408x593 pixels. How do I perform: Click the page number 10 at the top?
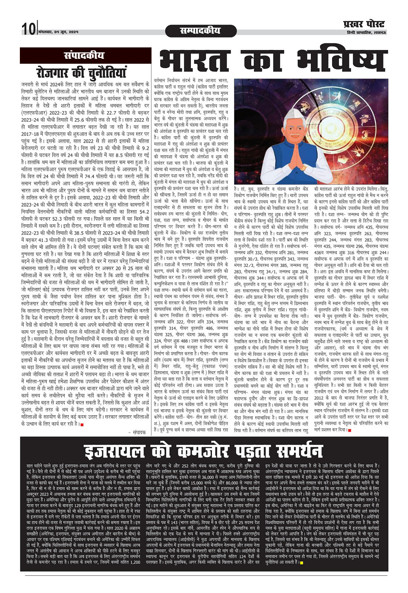[29, 29]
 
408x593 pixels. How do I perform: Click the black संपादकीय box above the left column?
[83, 55]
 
